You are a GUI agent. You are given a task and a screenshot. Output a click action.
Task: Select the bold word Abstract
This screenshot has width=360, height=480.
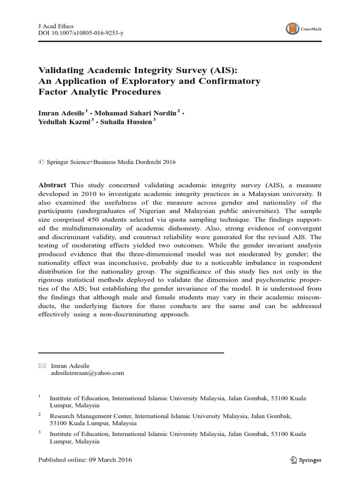pos(52,185)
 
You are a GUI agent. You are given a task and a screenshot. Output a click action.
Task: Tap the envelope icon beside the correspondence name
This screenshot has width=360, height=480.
pos(42,366)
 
